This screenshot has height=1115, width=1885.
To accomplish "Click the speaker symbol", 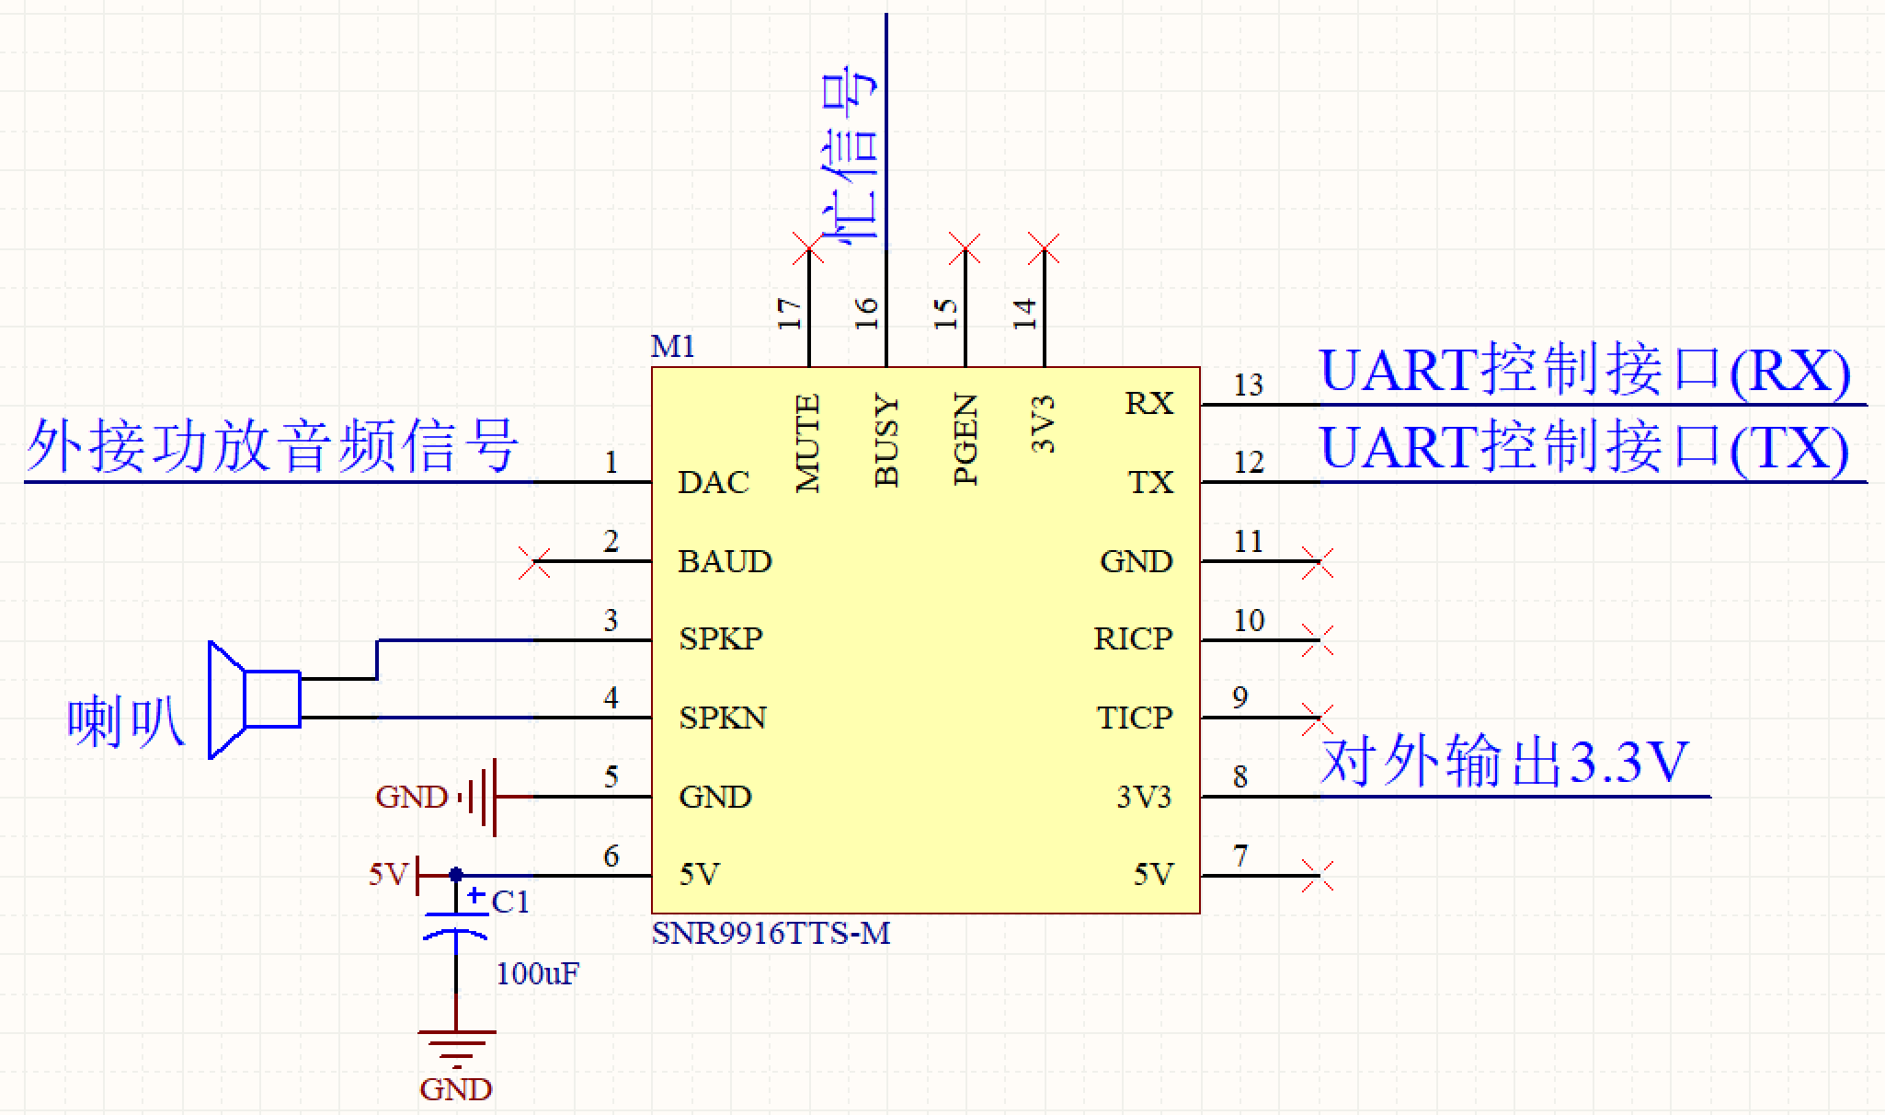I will pyautogui.click(x=253, y=699).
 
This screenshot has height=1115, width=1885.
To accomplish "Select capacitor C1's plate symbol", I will pyautogui.click(x=456, y=925).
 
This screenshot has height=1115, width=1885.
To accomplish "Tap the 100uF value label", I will pyautogui.click(x=538, y=973).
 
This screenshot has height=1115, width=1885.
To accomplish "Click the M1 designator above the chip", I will pyautogui.click(x=672, y=347).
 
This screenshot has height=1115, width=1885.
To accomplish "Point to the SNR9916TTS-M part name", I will pyautogui.click(x=771, y=933).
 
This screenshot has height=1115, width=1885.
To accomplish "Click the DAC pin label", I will pyautogui.click(x=714, y=482).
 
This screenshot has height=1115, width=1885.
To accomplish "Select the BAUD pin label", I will pyautogui.click(x=725, y=561).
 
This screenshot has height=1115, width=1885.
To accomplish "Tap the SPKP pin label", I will pyautogui.click(x=721, y=638).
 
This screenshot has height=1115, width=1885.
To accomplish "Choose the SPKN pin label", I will pyautogui.click(x=723, y=718).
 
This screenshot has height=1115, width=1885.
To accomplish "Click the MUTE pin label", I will pyautogui.click(x=807, y=443).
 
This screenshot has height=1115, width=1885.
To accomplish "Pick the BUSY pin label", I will pyautogui.click(x=886, y=442).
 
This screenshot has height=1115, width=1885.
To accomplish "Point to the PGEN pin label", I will pyautogui.click(x=965, y=440).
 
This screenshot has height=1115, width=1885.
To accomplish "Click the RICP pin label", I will pyautogui.click(x=1133, y=638).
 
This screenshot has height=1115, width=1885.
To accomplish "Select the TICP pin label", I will pyautogui.click(x=1135, y=718).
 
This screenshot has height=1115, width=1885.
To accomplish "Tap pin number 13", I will pyautogui.click(x=1249, y=385).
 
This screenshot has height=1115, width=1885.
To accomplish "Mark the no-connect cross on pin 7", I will pyautogui.click(x=1318, y=875).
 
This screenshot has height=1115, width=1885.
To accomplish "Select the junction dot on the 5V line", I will pyautogui.click(x=456, y=875).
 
